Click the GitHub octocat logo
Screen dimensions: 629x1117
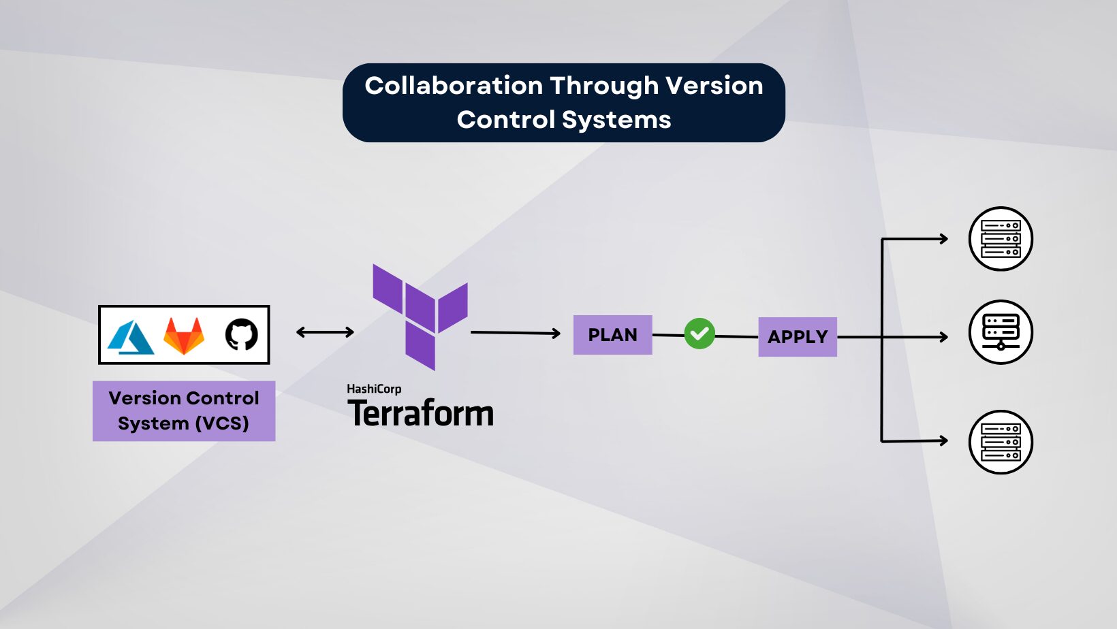(x=241, y=335)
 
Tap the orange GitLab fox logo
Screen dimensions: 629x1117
(x=184, y=336)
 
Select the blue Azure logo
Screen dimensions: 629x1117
(x=131, y=337)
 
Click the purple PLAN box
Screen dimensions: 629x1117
(x=612, y=335)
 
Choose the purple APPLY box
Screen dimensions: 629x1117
(x=798, y=337)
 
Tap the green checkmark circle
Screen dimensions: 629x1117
(x=699, y=334)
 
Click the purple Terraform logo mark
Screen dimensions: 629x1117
(x=420, y=317)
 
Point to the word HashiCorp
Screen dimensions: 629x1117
(x=374, y=389)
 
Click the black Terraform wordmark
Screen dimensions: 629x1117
(x=421, y=413)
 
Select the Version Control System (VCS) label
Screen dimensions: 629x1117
(x=184, y=410)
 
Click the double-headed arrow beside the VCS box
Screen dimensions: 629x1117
(x=325, y=332)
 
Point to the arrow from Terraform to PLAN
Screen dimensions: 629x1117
(x=515, y=333)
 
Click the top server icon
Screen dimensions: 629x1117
(x=1001, y=239)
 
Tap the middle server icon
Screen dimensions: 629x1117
(x=1001, y=332)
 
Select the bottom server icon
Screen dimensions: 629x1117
(x=1001, y=442)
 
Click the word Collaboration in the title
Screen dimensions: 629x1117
(x=454, y=86)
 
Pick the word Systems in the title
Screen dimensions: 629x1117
(x=616, y=120)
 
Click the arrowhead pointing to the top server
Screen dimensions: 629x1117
(x=943, y=239)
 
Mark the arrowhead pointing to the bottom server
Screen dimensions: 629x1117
(x=943, y=441)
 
